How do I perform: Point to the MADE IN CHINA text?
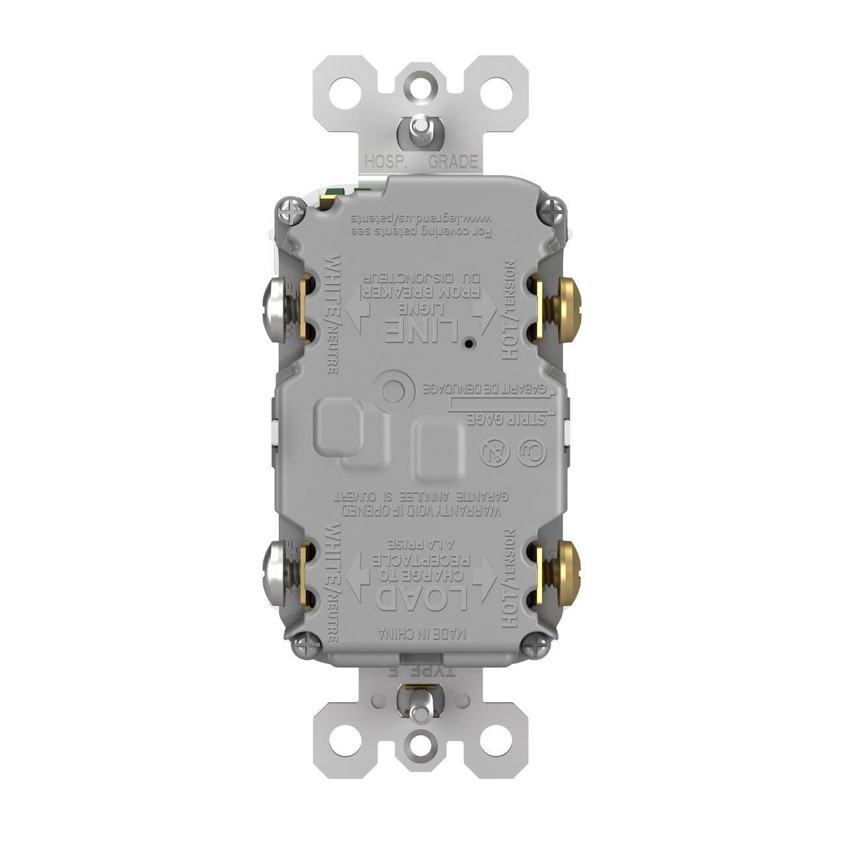tap(423, 634)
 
